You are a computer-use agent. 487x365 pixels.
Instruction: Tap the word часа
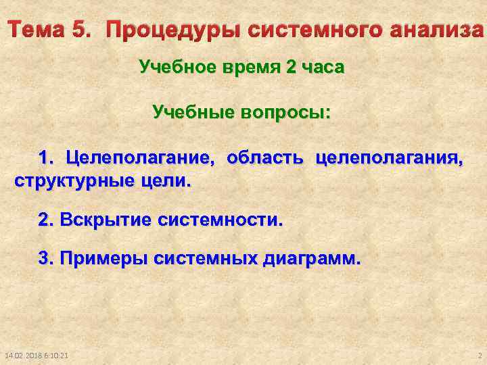[323, 68]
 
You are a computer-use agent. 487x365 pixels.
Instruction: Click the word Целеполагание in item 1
[139, 159]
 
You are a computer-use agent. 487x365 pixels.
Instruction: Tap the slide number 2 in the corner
[478, 356]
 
